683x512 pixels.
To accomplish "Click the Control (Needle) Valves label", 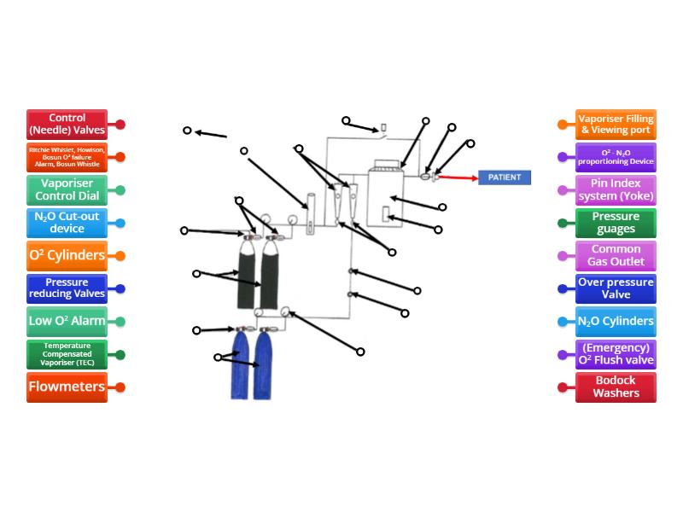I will click(x=67, y=125).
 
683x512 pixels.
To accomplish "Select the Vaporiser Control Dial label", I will click(x=67, y=190).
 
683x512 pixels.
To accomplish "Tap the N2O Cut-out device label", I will click(x=67, y=223).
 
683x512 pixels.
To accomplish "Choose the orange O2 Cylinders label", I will click(x=67, y=255).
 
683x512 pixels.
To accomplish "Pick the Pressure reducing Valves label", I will click(x=67, y=288).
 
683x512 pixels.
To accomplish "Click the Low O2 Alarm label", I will click(x=67, y=321).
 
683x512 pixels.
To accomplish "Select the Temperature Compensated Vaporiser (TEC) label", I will click(x=67, y=354).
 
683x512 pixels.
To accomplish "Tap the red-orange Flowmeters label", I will click(x=67, y=387).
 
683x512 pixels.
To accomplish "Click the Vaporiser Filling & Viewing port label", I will click(x=616, y=125).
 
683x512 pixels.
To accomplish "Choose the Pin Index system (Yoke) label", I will click(x=616, y=190).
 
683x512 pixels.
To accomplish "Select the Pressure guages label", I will click(x=616, y=223).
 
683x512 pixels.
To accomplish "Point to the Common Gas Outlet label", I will click(x=616, y=255).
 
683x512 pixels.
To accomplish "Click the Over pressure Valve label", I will click(x=616, y=288).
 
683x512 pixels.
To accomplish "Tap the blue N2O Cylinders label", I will click(x=616, y=321).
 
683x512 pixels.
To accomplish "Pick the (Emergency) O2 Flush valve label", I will click(x=616, y=354).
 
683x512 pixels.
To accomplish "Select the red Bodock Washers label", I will click(x=616, y=387).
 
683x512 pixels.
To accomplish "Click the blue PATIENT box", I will click(x=504, y=177).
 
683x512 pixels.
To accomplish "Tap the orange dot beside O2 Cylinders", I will click(x=120, y=256).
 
